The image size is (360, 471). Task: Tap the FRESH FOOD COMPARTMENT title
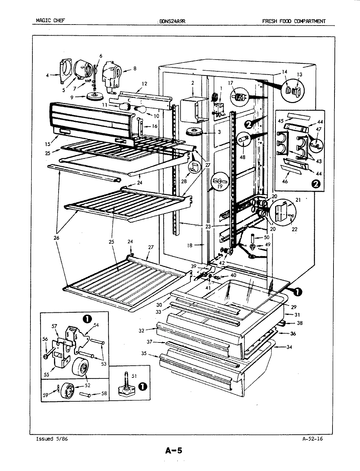[x=294, y=22]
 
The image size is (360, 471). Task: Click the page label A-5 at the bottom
[x=173, y=451]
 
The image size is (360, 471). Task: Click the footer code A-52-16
[x=313, y=439]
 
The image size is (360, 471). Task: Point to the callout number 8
[x=135, y=69]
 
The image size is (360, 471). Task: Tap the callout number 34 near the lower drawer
[x=289, y=347]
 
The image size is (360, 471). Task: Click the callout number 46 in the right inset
[x=284, y=181]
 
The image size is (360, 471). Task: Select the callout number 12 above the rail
[x=144, y=84]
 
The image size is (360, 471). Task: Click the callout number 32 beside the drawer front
[x=141, y=330]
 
